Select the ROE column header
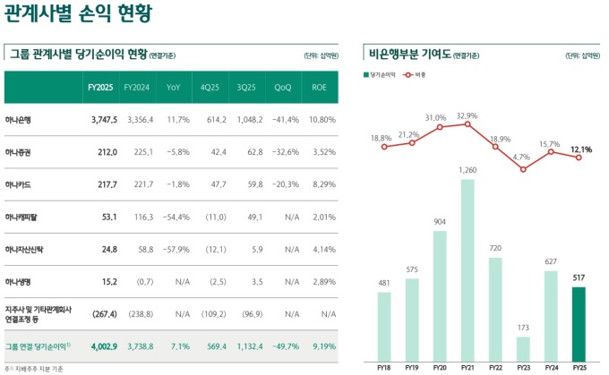(x=318, y=87)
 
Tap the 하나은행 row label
(x=21, y=119)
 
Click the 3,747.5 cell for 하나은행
(x=103, y=119)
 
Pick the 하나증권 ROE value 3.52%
(x=322, y=152)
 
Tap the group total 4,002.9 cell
(x=103, y=345)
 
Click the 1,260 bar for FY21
(x=467, y=268)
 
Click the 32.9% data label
(x=467, y=115)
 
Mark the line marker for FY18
(x=383, y=146)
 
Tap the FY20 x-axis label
(x=439, y=366)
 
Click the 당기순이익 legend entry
(x=382, y=74)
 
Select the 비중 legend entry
(x=417, y=74)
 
